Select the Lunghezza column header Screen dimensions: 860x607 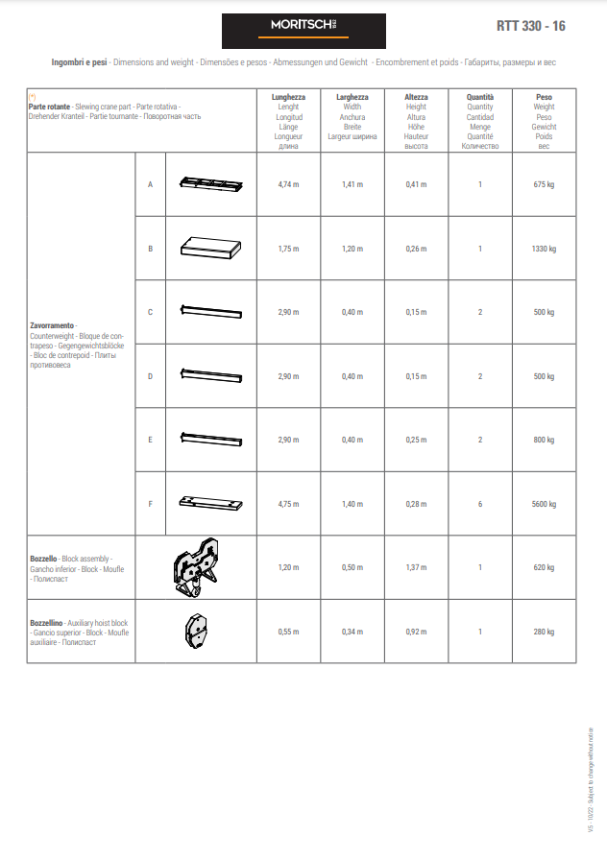(288, 97)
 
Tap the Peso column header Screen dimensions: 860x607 (544, 97)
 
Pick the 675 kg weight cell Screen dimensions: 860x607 (544, 184)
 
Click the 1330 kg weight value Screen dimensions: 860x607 (544, 249)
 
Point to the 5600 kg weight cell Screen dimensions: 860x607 (544, 504)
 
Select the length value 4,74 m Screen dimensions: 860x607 (288, 184)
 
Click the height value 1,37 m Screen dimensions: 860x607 (416, 567)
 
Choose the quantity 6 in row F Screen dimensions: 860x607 (480, 504)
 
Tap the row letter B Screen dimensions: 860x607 (150, 249)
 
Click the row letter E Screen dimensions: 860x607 (150, 440)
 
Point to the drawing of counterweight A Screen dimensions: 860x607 (211, 183)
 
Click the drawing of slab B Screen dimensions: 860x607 (211, 248)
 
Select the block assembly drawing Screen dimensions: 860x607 (196, 567)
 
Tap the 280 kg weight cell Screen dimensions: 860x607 (544, 632)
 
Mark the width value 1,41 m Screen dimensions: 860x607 (352, 184)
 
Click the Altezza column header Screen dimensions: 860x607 (416, 97)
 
